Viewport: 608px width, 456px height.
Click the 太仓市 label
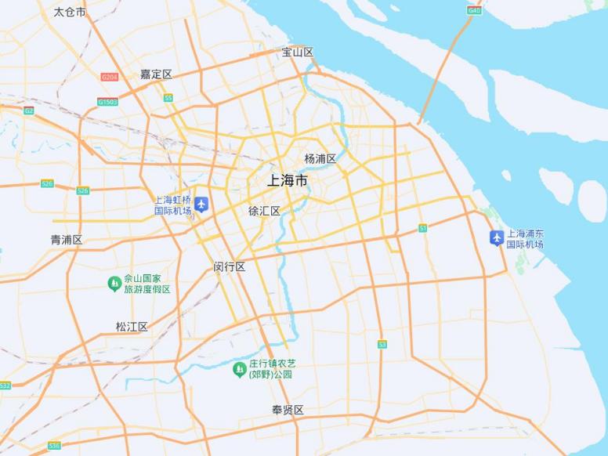[x=70, y=13]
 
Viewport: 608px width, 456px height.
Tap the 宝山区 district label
[x=298, y=52]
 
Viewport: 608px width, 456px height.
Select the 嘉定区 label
[x=156, y=74]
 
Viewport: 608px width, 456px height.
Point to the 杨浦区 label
[x=320, y=159]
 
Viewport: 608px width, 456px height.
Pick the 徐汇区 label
[x=264, y=212]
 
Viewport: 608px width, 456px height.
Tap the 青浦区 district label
[x=67, y=240]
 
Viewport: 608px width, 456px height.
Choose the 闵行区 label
[x=230, y=267]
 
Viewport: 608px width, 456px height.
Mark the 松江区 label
[x=132, y=327]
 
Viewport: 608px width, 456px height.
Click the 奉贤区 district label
[x=288, y=411]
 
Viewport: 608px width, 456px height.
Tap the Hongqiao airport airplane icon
[x=201, y=204]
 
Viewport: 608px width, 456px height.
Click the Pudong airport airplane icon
[x=496, y=237]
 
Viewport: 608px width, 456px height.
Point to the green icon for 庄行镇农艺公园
[x=240, y=369]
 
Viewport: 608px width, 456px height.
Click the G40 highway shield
[x=474, y=10]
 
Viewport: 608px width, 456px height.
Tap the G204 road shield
[x=109, y=77]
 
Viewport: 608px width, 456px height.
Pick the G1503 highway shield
[x=107, y=102]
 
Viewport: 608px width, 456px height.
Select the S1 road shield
[x=422, y=228]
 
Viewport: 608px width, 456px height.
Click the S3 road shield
[x=382, y=344]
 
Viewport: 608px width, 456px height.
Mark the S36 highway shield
[x=53, y=445]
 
